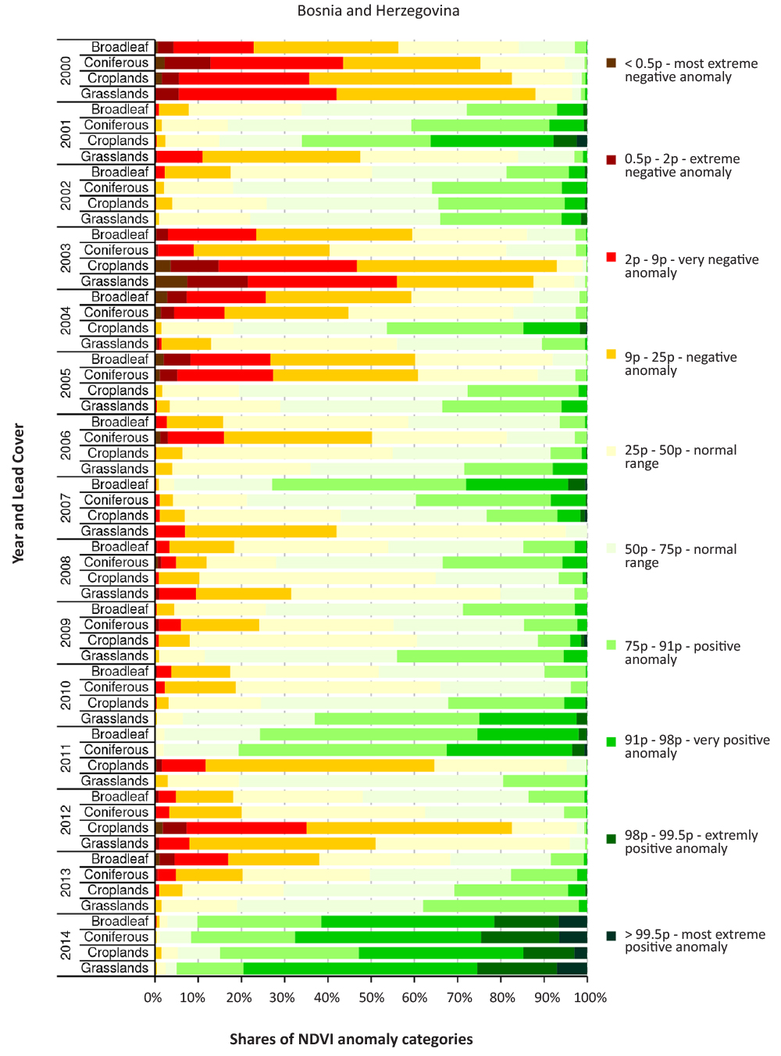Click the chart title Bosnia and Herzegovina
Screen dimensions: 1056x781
[x=378, y=11]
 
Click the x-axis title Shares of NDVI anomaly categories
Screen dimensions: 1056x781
[x=351, y=1039]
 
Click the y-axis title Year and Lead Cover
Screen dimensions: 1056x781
[x=19, y=494]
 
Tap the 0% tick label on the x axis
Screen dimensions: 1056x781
[x=153, y=997]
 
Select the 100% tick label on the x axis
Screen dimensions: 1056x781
[x=590, y=997]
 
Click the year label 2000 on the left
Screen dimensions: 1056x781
[x=66, y=70]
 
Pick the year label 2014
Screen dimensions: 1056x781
[x=66, y=945]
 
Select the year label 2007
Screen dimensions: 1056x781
[x=66, y=508]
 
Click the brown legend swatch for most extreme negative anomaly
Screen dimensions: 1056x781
[x=612, y=63]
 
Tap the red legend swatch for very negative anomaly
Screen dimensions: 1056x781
[x=612, y=259]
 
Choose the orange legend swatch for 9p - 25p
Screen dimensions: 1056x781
[x=612, y=356]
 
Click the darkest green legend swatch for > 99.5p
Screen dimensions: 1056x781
[x=612, y=935]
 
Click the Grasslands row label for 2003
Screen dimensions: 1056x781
[x=115, y=281]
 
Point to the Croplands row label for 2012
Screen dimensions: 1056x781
[x=118, y=828]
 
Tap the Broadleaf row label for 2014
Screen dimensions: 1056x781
[x=119, y=922]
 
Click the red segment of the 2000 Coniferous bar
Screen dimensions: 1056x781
[x=276, y=62]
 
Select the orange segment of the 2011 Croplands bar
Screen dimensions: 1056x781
[x=319, y=765]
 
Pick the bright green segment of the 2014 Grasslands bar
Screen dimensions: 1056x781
[x=360, y=969]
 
